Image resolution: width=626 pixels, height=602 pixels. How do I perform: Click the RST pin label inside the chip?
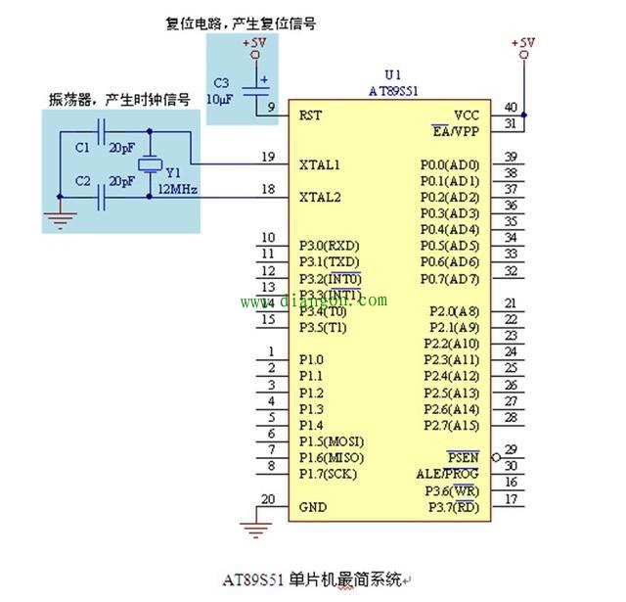pyautogui.click(x=310, y=115)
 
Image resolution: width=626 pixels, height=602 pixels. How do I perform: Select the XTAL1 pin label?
pyautogui.click(x=320, y=163)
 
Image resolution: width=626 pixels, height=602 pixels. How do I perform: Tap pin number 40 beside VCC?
pyautogui.click(x=511, y=107)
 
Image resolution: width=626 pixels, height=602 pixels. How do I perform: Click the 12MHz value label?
pyautogui.click(x=177, y=189)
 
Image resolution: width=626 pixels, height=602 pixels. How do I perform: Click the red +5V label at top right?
pyautogui.click(x=523, y=43)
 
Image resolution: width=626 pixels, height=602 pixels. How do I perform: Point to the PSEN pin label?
pyautogui.click(x=463, y=457)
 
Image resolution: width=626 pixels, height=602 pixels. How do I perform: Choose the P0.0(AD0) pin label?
pyautogui.click(x=450, y=164)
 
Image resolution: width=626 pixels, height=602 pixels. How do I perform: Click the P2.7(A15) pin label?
pyautogui.click(x=451, y=426)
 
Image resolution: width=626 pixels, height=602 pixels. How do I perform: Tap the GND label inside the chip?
pyautogui.click(x=313, y=507)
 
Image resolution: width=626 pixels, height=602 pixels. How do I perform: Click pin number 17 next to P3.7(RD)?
pyautogui.click(x=511, y=500)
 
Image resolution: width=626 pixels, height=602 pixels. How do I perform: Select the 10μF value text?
pyautogui.click(x=217, y=99)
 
